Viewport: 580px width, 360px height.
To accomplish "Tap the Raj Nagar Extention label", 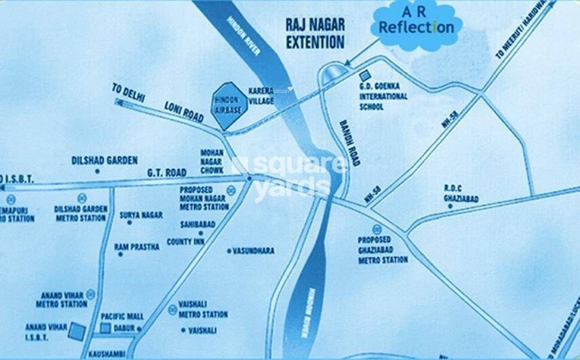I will [x=314, y=34].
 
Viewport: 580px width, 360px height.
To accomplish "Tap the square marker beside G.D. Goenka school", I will [x=364, y=73].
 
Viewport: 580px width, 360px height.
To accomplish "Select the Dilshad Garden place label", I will [x=104, y=161].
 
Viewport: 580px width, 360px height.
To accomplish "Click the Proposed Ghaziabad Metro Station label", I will [x=383, y=249].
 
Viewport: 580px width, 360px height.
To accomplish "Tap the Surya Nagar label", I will [x=141, y=214].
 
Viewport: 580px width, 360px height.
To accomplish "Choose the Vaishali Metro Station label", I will [x=203, y=311].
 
